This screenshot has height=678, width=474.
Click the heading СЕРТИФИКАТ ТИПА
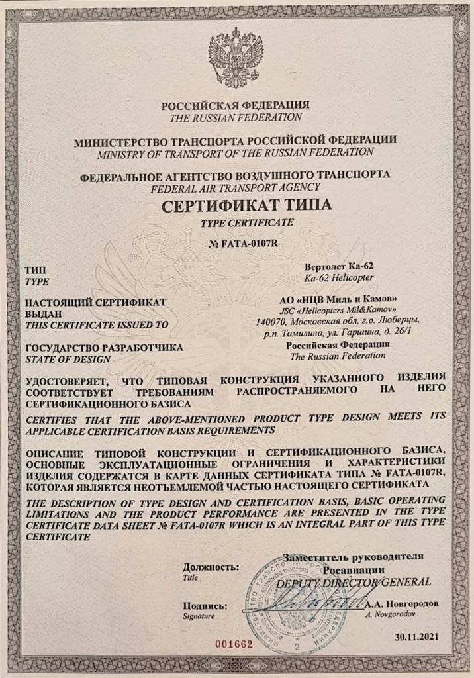pos(236,206)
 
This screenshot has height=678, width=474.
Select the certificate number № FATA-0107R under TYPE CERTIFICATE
pos(236,242)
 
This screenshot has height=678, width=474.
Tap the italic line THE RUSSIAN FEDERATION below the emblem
pos(236,117)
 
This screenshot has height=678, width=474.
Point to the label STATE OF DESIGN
pos(67,359)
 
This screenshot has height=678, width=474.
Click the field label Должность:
pos(211,567)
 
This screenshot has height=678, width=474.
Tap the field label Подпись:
pos(206,605)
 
